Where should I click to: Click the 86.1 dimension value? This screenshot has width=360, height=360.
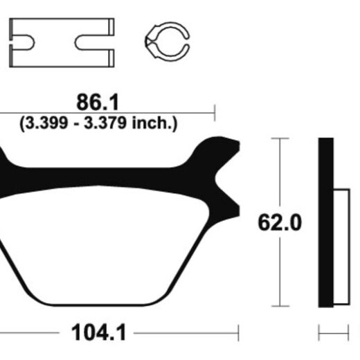pos(98,102)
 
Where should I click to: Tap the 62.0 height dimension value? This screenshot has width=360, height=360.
pos(280,223)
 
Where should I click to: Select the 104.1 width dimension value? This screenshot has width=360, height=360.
pos(99,332)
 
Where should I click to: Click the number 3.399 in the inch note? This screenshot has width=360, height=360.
pos(46,123)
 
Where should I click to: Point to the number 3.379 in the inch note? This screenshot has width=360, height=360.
pos(105,123)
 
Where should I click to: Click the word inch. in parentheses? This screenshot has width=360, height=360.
pos(152,123)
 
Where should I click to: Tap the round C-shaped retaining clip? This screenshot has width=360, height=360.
pos(167,42)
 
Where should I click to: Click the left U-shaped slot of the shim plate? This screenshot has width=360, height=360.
pos(22,42)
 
